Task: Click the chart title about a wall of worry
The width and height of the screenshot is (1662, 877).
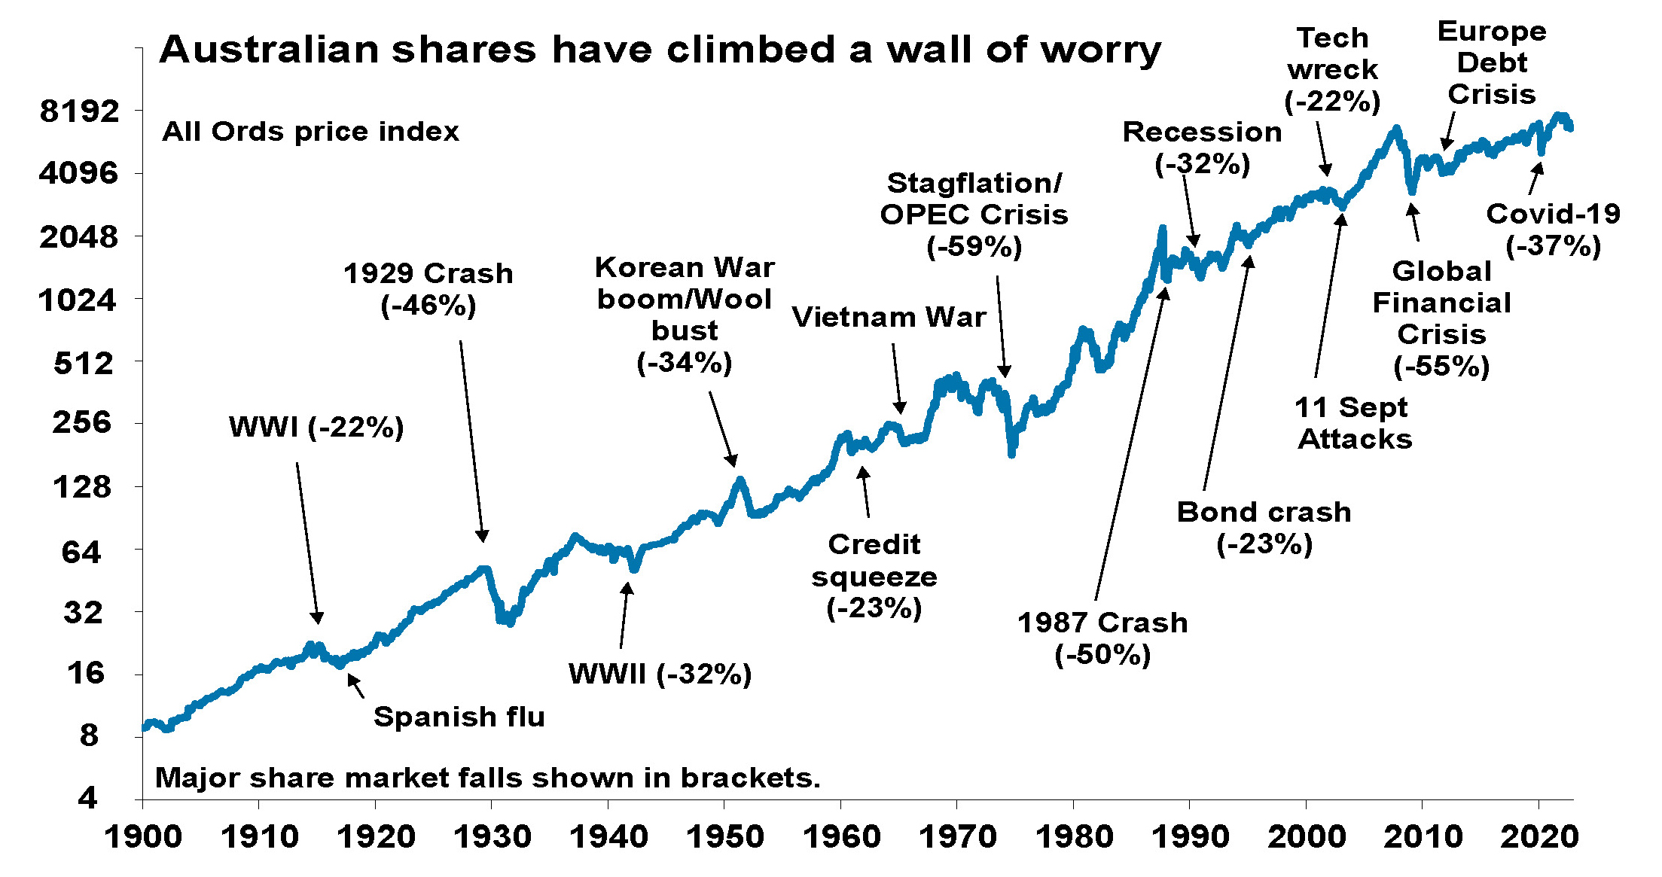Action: pos(660,50)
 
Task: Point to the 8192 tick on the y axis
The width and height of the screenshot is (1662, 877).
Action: pos(79,111)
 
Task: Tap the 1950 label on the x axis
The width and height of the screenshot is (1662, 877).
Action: pos(724,837)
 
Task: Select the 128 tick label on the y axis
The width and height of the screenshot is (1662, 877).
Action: pos(81,487)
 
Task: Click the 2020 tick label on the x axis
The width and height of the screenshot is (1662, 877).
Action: pos(1538,837)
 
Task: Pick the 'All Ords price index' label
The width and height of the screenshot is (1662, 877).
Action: pos(310,132)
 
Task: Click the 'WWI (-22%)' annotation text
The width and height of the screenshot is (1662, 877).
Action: pos(316,428)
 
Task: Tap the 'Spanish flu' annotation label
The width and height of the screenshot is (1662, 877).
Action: pos(459,717)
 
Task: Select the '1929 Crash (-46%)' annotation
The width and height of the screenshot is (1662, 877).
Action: pos(428,290)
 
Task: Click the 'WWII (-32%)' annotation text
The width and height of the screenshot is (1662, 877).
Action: pos(660,674)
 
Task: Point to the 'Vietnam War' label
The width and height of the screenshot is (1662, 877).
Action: pos(889,318)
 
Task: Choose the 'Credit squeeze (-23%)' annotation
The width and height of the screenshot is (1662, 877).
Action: pos(874,576)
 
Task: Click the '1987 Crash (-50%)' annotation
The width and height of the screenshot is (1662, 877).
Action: pos(1102,638)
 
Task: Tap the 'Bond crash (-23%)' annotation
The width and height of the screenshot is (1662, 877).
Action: pos(1264,528)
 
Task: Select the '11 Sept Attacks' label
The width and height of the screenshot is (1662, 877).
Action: pos(1354,423)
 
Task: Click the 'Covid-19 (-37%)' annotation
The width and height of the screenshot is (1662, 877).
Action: pos(1553,230)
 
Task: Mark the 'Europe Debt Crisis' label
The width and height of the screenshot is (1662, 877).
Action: pos(1491,62)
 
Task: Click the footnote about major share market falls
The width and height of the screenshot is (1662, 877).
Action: pos(487,778)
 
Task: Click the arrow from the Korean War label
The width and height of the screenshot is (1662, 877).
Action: pos(722,428)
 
